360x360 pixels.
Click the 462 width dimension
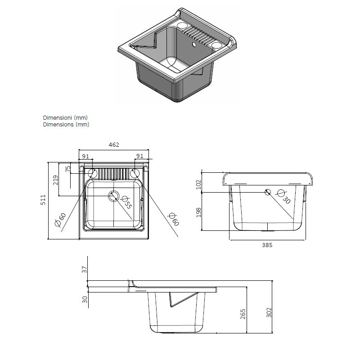tap(114, 144)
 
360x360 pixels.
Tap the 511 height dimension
tap(43, 200)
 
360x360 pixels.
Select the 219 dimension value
tap(55, 180)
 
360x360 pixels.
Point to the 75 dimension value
tap(68, 169)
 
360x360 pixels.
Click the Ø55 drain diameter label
tap(126, 202)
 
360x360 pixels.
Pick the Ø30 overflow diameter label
tap(284, 197)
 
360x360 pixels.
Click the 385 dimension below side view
tap(267, 245)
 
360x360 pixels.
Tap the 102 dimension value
tap(199, 184)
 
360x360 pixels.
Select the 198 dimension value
tap(199, 212)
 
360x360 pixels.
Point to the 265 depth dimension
tap(243, 314)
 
